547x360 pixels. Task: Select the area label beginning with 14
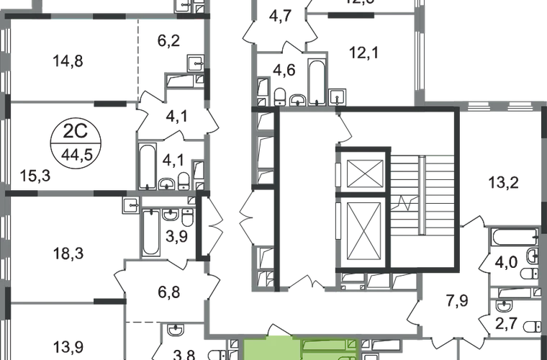69,63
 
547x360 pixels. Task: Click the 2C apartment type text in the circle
72,134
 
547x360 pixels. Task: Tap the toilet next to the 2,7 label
531,325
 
